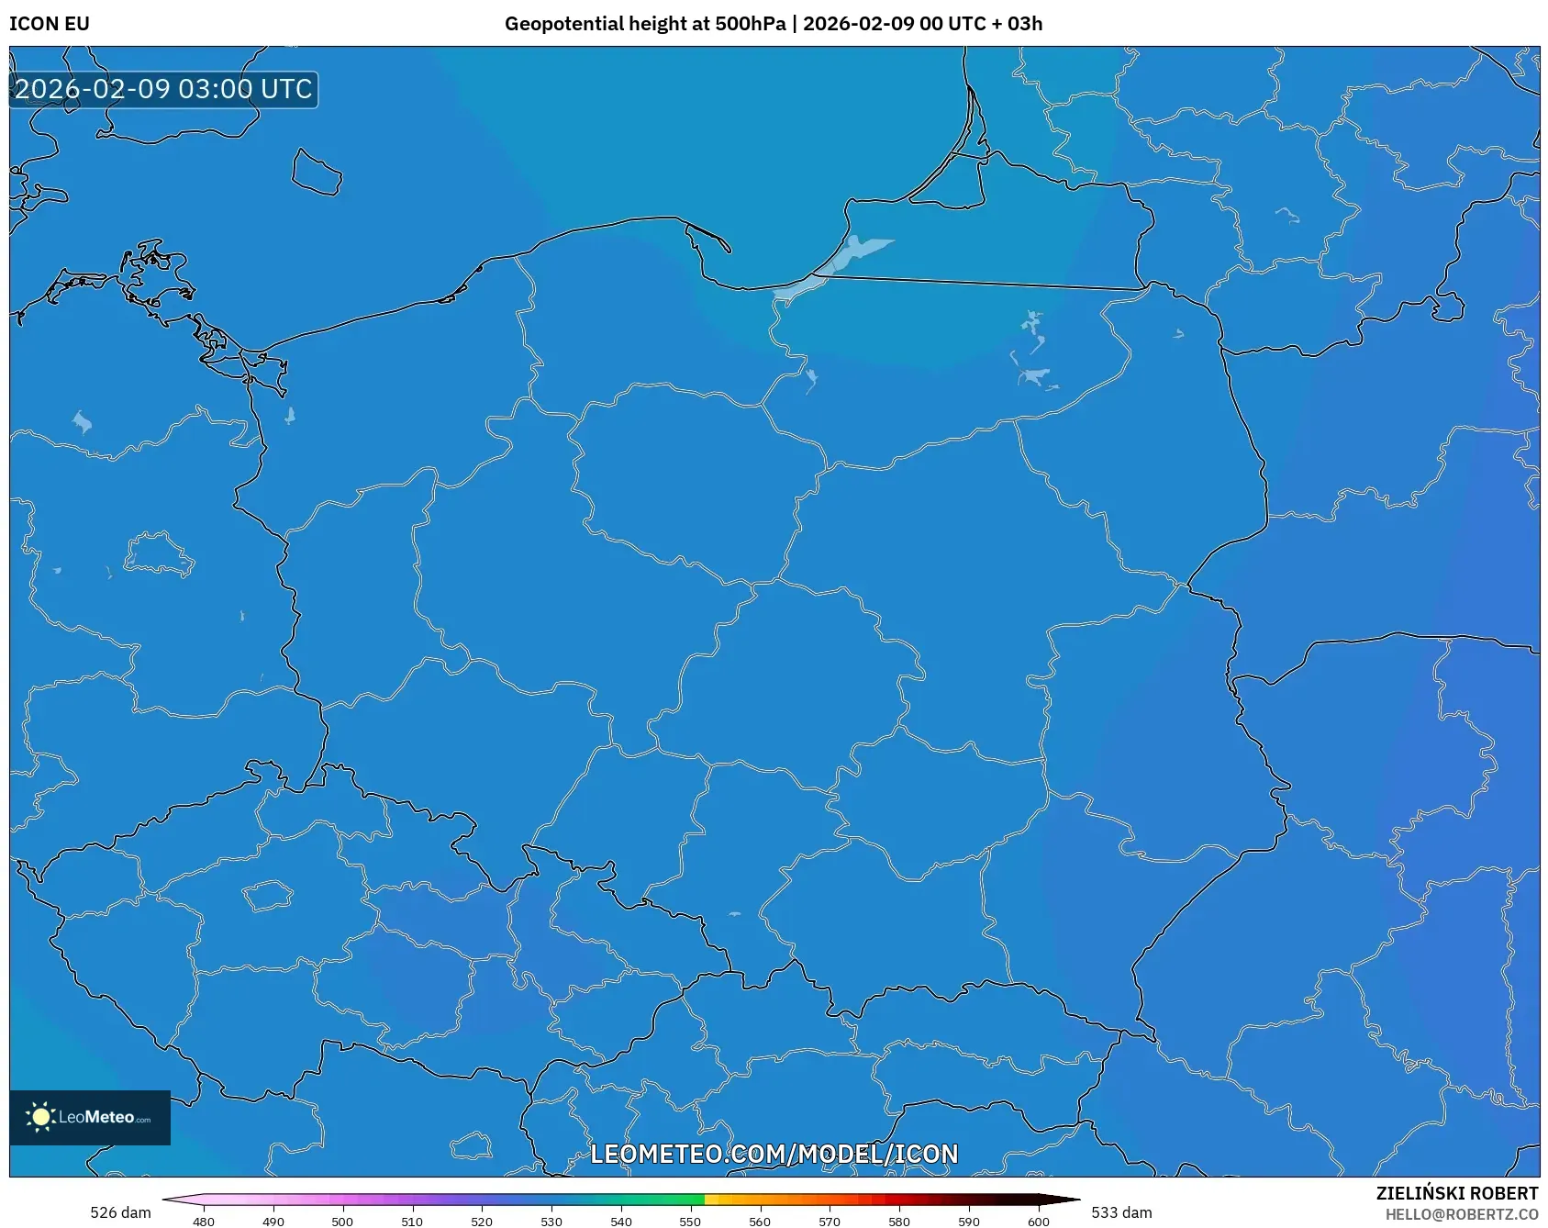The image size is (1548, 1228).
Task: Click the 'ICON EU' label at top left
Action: pos(50,24)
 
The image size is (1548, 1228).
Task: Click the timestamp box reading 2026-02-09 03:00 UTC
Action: pos(163,89)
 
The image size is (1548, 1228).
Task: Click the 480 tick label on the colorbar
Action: pos(204,1222)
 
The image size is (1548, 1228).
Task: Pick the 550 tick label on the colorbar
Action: pos(690,1222)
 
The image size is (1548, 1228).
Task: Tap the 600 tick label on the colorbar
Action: pos(1038,1222)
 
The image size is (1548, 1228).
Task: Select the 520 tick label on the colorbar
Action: pos(482,1222)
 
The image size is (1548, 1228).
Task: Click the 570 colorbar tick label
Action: pos(830,1222)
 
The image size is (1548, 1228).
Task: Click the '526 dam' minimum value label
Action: pos(120,1212)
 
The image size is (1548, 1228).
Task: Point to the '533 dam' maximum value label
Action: pos(1121,1212)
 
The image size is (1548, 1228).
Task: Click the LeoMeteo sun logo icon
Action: pos(40,1117)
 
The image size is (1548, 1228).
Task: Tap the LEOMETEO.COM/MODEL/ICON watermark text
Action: pos(774,1154)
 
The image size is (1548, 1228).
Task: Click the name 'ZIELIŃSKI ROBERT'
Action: pos(1456,1193)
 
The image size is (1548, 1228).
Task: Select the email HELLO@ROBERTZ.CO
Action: pos(1461,1214)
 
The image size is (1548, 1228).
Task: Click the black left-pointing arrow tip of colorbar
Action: pos(168,1199)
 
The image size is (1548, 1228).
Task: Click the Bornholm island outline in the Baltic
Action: pos(317,173)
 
